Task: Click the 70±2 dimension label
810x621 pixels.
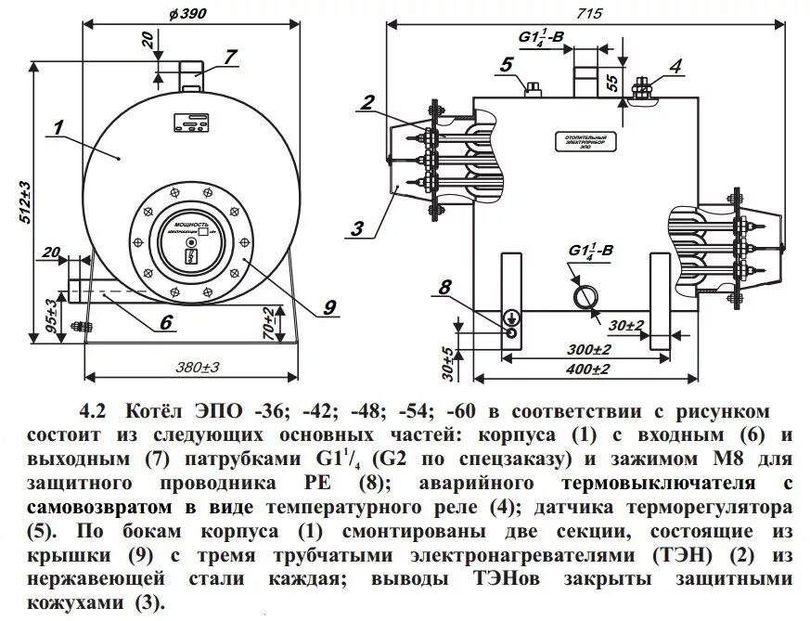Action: click(x=269, y=319)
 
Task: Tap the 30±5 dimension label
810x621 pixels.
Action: click(x=447, y=362)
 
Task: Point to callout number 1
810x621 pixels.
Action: click(x=58, y=129)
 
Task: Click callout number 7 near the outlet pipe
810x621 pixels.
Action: click(x=230, y=58)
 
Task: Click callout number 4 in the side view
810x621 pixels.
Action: click(x=675, y=66)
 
